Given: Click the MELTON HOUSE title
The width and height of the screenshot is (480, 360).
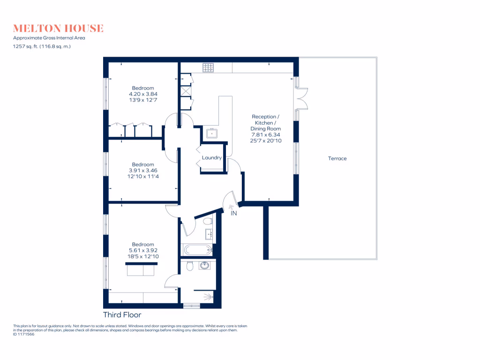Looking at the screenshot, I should point(58,29).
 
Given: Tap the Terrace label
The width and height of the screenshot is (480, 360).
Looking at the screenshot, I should point(337,158).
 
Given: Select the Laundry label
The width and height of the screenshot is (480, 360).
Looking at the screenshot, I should point(212,157).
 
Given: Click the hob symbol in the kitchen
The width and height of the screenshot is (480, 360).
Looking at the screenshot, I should point(209,67).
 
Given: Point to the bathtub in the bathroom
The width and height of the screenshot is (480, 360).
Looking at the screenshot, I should point(197,249).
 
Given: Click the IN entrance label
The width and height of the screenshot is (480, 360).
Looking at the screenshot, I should point(234,213).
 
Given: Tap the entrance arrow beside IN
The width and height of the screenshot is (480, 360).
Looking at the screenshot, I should point(230,206).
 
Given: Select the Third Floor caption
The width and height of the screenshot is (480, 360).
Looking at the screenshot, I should point(122,315).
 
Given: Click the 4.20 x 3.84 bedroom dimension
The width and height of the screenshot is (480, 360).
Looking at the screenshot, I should point(142,94).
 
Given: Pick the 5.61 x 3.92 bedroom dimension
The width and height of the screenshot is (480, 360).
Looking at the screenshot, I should point(142,250).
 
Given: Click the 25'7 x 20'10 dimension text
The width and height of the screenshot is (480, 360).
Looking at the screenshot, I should point(266,141).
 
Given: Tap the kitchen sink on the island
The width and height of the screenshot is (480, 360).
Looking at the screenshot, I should point(212,133).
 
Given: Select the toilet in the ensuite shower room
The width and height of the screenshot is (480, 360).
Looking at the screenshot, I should point(189,266).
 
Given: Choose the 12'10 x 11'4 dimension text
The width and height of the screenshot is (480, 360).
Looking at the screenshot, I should point(142,176).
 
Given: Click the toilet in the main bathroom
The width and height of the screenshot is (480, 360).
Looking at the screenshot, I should point(208,220).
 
